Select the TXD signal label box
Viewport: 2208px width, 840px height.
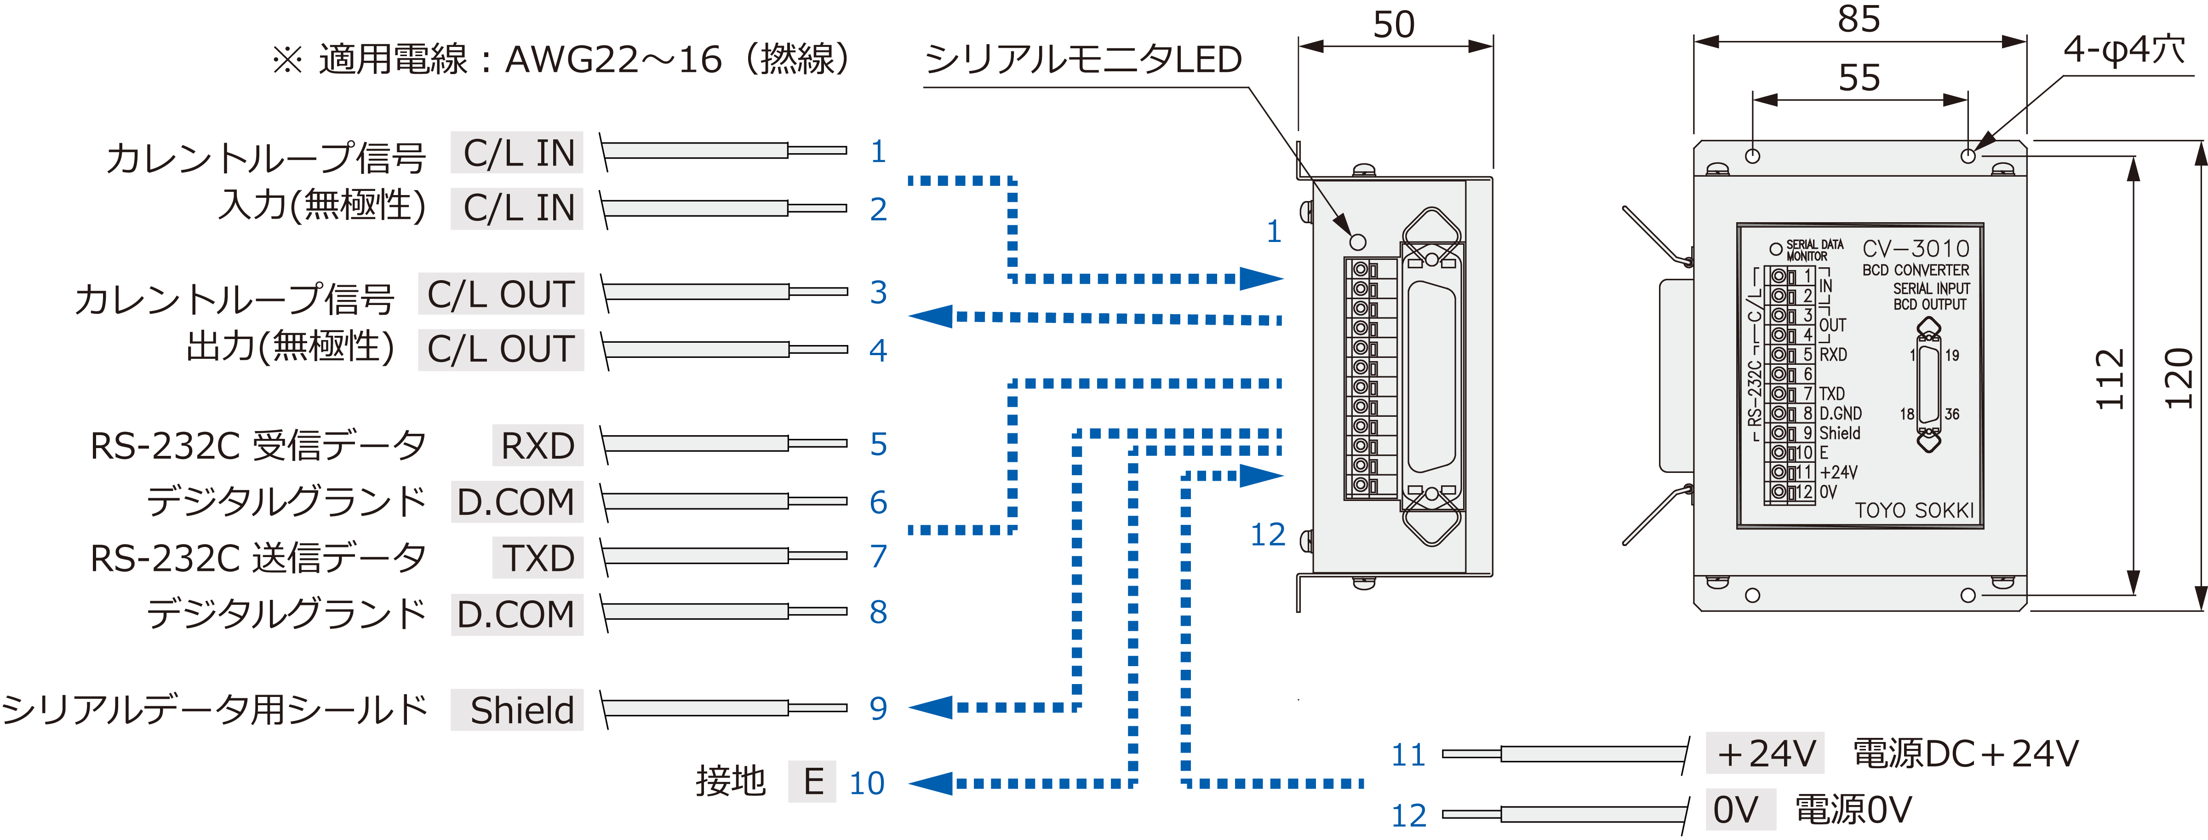click(538, 558)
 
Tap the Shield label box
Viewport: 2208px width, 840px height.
click(518, 710)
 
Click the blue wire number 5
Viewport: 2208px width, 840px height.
click(878, 444)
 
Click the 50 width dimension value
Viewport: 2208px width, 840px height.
click(1394, 24)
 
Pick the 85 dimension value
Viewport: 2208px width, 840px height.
click(1858, 19)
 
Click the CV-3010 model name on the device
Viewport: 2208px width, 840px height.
click(1916, 248)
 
